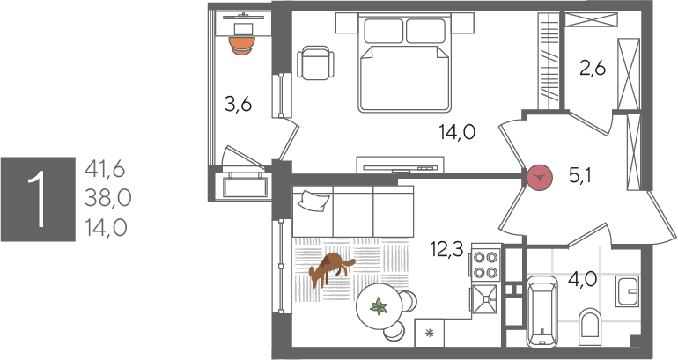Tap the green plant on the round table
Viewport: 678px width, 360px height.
(379, 306)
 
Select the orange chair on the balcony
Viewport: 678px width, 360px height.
(242, 46)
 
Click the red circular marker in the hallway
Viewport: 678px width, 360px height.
(540, 177)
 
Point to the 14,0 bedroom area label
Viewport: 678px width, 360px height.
(457, 132)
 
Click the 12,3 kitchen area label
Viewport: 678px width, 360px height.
(446, 249)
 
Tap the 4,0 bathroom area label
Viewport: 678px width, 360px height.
(582, 279)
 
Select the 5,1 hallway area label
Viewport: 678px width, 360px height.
(580, 175)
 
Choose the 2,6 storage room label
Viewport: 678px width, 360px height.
(593, 69)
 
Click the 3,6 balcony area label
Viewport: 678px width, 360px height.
(238, 104)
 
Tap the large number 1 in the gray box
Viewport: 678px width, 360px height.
(38, 199)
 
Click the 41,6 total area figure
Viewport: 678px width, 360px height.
(105, 169)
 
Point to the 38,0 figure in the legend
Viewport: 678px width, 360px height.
(107, 198)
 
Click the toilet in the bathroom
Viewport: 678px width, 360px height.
(589, 327)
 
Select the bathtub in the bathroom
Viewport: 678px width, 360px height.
(541, 312)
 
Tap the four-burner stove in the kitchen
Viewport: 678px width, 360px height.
(485, 264)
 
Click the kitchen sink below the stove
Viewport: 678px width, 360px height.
(485, 299)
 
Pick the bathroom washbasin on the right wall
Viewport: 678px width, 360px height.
(627, 290)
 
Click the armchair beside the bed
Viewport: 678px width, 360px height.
(315, 62)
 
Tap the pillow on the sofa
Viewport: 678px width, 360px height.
(313, 201)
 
